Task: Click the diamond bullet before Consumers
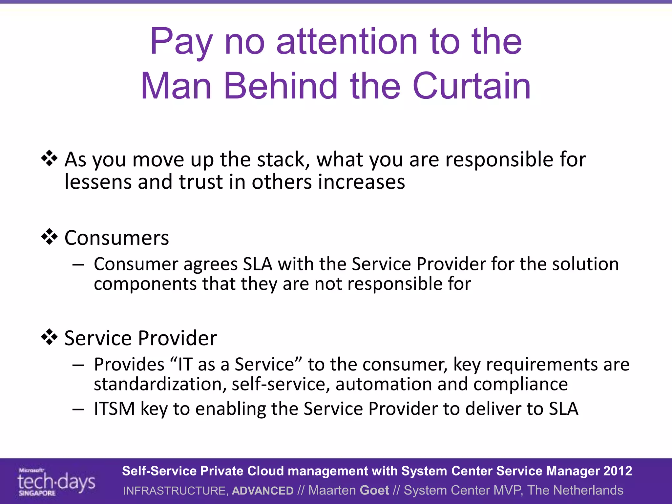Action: [x=49, y=237]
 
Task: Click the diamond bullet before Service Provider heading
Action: [x=49, y=337]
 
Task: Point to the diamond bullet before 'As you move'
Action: [x=49, y=158]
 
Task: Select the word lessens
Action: [x=98, y=182]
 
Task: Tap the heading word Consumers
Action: [x=116, y=238]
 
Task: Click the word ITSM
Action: [x=114, y=409]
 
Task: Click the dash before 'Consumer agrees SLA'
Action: [x=78, y=264]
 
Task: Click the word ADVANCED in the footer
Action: [x=262, y=491]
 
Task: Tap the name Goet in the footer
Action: [x=374, y=490]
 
